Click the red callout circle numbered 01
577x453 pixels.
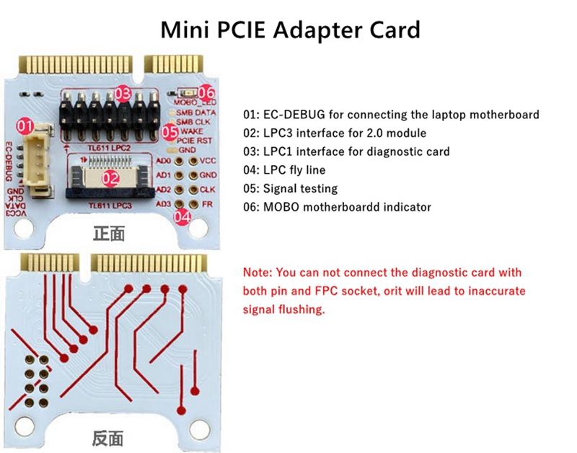pyautogui.click(x=25, y=127)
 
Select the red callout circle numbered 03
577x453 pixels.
pyautogui.click(x=123, y=93)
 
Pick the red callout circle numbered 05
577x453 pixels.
pyautogui.click(x=170, y=131)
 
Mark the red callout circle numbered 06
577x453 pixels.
pyautogui.click(x=206, y=92)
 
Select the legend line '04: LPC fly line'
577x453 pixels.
pyautogui.click(x=285, y=170)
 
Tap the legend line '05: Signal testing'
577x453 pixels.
pyautogui.click(x=290, y=189)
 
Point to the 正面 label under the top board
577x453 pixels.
pyautogui.click(x=109, y=234)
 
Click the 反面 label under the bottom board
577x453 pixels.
pyautogui.click(x=107, y=437)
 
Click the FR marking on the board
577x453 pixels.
pyautogui.click(x=207, y=204)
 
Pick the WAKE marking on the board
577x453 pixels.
pyautogui.click(x=193, y=131)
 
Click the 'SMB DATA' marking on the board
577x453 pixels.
pyautogui.click(x=196, y=113)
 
